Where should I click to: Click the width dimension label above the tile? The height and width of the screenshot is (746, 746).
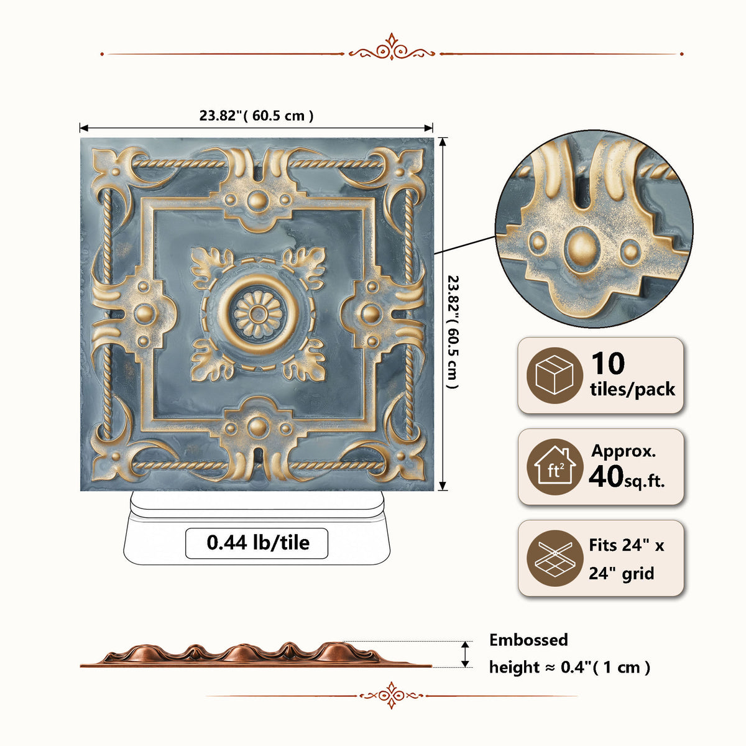(x=256, y=116)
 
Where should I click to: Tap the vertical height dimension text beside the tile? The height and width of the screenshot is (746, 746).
(x=453, y=332)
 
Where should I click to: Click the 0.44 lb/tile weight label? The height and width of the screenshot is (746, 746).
(x=258, y=543)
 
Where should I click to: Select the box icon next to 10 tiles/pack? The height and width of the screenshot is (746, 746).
(x=555, y=375)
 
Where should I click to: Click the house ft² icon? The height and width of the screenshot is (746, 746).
(x=555, y=466)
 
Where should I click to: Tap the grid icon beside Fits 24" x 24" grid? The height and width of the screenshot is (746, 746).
(x=555, y=558)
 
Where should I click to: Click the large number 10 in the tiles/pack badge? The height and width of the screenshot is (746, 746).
(x=608, y=364)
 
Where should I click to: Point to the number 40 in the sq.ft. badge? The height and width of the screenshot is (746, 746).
(x=606, y=476)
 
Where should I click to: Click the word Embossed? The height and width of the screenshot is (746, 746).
(x=528, y=640)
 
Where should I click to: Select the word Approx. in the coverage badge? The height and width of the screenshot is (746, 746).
(x=624, y=452)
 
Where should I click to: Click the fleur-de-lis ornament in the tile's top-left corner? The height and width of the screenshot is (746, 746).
(x=116, y=170)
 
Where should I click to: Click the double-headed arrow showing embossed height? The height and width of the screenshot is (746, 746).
(x=466, y=654)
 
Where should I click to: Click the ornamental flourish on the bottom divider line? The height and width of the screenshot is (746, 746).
(x=392, y=695)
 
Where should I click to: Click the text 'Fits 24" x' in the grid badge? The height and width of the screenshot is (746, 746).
(x=627, y=545)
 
